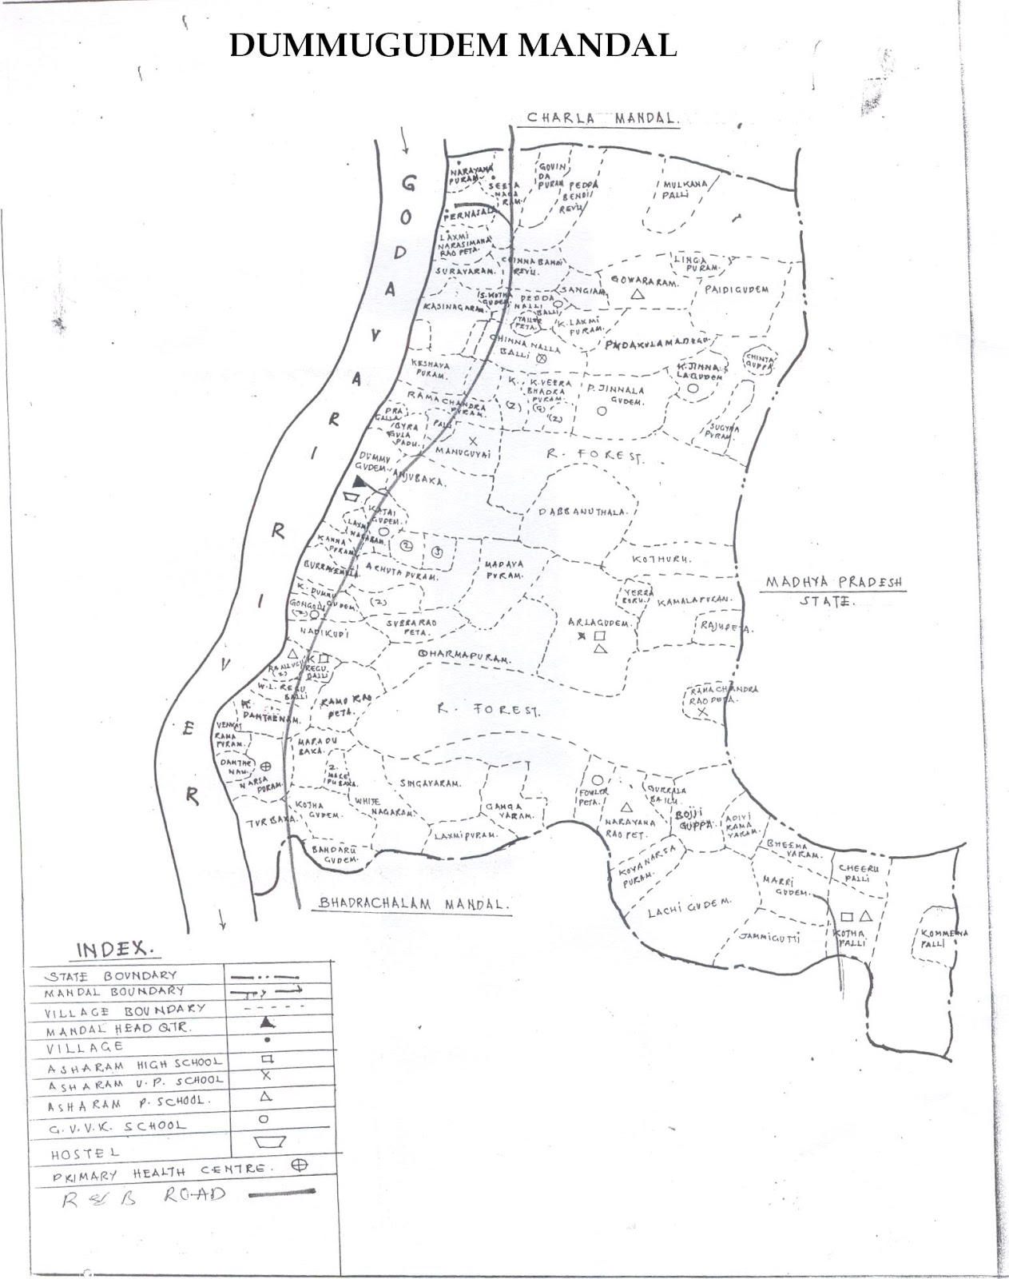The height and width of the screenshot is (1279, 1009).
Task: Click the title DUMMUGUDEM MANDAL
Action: click(453, 46)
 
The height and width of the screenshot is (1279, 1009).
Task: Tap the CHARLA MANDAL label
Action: click(602, 118)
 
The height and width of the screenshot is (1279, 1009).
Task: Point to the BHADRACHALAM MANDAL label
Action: click(413, 903)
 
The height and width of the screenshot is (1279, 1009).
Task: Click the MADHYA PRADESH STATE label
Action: click(833, 590)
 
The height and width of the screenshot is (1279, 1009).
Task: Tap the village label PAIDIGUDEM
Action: click(736, 289)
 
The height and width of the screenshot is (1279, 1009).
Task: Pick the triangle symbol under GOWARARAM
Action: click(637, 295)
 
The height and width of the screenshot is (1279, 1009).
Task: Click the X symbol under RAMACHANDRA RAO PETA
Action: click(702, 711)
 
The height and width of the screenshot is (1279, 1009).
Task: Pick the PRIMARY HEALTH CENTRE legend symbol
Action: click(300, 1165)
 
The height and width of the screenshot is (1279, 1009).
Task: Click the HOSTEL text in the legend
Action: click(85, 1153)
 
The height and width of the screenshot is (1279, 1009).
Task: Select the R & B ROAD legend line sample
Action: click(282, 1193)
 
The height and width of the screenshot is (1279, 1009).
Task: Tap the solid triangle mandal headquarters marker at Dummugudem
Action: click(360, 481)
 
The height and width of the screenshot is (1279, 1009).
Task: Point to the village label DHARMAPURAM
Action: click(463, 655)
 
